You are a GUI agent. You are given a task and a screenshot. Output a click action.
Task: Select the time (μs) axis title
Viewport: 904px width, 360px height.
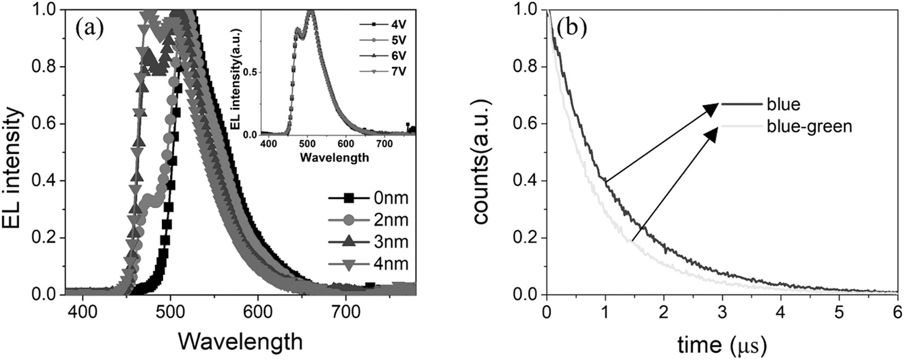pyautogui.click(x=719, y=344)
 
